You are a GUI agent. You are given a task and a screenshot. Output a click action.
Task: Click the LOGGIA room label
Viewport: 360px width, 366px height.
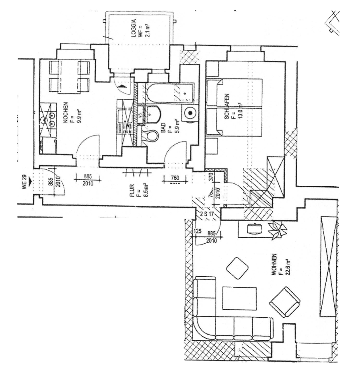click(x=133, y=27)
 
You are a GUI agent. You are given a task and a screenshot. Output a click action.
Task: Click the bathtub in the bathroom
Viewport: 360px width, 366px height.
click(x=171, y=93)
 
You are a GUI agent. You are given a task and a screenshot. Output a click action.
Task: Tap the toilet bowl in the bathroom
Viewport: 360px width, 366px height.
click(x=151, y=134)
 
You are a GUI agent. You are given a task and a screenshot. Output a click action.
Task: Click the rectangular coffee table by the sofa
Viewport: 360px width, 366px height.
click(x=240, y=298)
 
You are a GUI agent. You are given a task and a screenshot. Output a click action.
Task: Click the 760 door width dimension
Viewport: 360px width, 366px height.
click(x=174, y=178)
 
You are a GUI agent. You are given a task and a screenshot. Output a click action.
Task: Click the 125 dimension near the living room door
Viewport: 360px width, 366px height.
click(x=197, y=232)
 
